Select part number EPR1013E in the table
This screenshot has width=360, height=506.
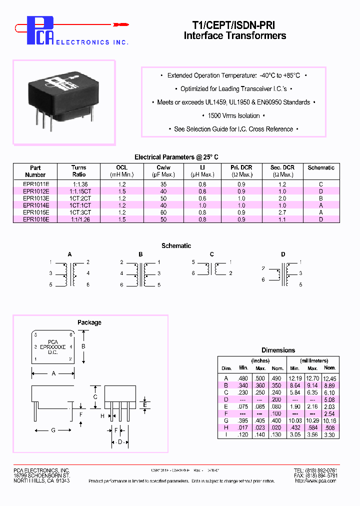pyautogui.click(x=35, y=198)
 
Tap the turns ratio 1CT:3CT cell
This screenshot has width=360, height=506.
pyautogui.click(x=79, y=212)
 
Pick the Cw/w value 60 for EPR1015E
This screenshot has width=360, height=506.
pyautogui.click(x=163, y=212)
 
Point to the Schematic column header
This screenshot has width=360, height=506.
pyautogui.click(x=321, y=168)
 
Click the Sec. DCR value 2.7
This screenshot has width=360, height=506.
pyautogui.click(x=282, y=212)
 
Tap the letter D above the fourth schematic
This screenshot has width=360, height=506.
pyautogui.click(x=283, y=254)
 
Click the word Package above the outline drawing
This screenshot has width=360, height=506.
pyautogui.click(x=89, y=322)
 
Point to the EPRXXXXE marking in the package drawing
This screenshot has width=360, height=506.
pyautogui.click(x=53, y=346)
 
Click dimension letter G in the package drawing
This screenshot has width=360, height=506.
pyautogui.click(x=53, y=430)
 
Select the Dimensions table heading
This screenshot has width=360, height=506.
pyautogui.click(x=278, y=350)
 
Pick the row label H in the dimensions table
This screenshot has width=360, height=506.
pyautogui.click(x=226, y=427)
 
